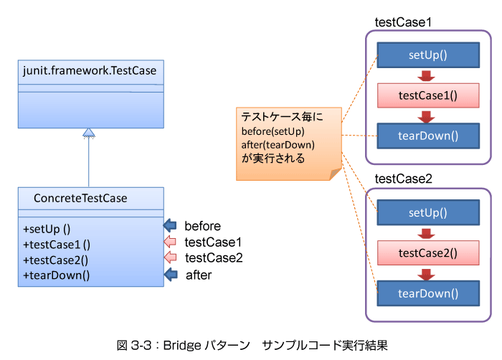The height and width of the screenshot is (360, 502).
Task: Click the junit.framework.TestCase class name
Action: coord(90,71)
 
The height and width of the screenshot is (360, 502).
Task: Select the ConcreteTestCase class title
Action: coord(80,198)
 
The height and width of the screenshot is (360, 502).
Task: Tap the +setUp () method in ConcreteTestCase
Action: coord(47,229)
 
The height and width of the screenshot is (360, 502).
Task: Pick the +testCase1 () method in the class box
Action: coord(57,245)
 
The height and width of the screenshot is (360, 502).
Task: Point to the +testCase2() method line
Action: coord(55,260)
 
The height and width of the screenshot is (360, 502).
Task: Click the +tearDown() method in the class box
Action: coord(57,275)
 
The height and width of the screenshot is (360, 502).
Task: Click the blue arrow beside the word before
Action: coord(170,225)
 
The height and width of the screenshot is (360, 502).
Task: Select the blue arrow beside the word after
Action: coord(171,275)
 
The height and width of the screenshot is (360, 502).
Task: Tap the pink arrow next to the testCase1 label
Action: coord(170,242)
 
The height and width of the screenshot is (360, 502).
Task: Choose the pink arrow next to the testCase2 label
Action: coord(171,257)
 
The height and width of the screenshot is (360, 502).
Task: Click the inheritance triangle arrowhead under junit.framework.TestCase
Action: coord(89,133)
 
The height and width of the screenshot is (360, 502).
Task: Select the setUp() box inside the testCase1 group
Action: coord(428,55)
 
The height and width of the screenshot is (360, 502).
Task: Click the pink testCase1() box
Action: coord(428,95)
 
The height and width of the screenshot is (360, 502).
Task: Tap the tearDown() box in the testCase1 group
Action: coord(428,136)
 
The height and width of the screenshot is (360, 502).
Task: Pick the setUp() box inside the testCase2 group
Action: coord(428,213)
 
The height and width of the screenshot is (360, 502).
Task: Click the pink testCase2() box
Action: coord(428,253)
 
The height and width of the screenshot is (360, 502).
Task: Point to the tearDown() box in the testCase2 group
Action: coord(428,293)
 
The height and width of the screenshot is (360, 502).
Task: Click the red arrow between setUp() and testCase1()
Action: coord(426,76)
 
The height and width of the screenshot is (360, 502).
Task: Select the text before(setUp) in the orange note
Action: coord(273,131)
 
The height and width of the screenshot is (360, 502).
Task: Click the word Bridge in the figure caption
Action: coord(182,346)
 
